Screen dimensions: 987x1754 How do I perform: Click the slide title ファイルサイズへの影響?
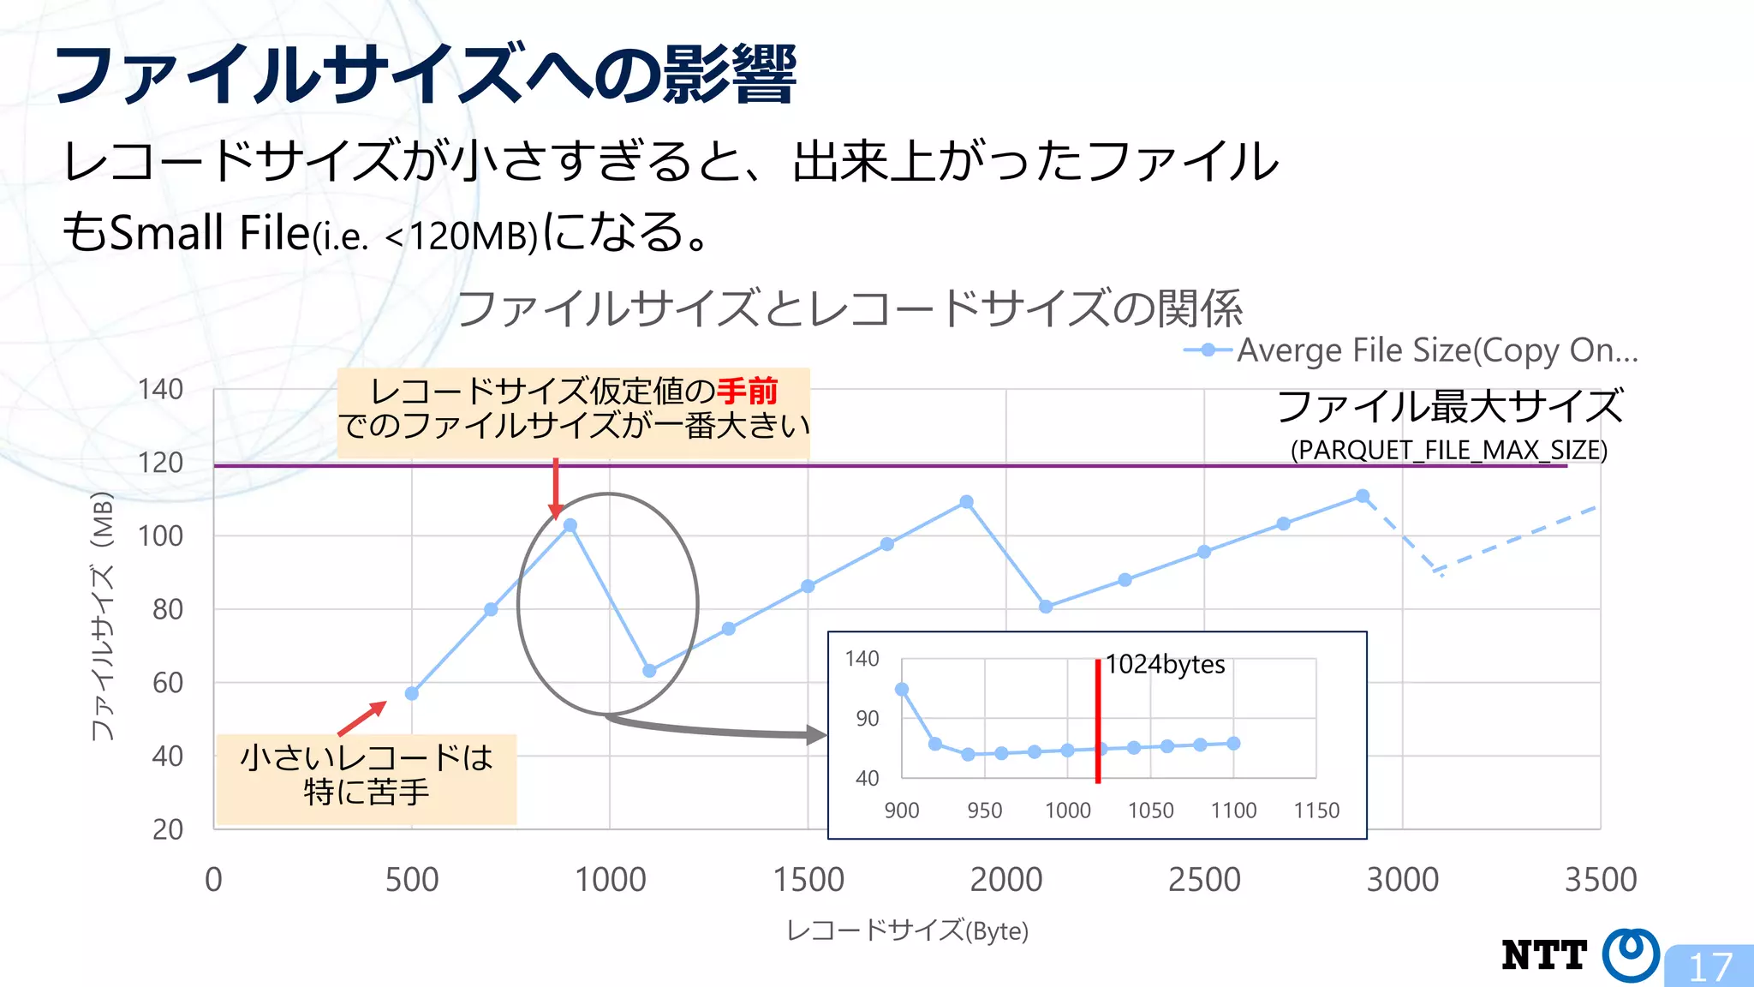(426, 75)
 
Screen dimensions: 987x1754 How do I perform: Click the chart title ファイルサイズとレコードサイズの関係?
(849, 309)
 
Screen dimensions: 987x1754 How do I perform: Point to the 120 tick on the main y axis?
(161, 463)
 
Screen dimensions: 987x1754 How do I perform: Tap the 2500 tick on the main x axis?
(1204, 880)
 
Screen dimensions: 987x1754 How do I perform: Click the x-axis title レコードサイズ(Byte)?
(907, 930)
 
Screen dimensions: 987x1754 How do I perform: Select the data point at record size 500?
(412, 693)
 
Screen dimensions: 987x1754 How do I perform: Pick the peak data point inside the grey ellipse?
(570, 525)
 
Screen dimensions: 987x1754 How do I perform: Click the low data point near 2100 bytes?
(1046, 607)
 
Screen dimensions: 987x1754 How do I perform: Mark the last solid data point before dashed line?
(1363, 496)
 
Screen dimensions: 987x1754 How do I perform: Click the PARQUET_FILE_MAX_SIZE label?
(1448, 450)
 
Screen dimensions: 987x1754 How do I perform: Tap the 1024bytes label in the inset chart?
(1165, 664)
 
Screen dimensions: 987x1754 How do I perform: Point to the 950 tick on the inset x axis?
(984, 811)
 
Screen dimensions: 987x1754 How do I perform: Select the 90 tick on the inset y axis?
(868, 718)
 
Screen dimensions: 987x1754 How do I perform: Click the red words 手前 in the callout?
(747, 392)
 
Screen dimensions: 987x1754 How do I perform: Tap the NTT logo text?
(1544, 955)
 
